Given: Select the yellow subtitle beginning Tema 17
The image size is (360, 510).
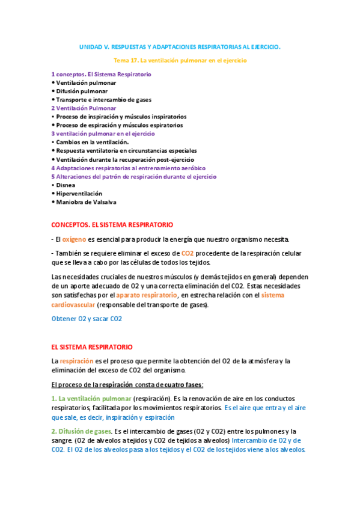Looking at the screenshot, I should tap(180, 61).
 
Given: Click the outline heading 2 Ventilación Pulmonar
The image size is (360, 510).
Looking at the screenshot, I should tap(84, 108).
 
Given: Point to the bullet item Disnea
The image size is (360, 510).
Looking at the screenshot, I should tap(66, 185).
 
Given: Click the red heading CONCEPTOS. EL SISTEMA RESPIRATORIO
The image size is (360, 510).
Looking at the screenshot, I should tap(112, 224).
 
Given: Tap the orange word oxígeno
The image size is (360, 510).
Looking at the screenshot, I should tap(75, 239).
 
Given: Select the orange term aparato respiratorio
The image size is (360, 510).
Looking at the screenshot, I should tap(147, 295).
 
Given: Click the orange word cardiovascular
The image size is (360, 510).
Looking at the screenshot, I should tap(73, 305).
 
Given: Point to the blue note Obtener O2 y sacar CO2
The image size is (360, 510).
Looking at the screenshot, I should tap(87, 319).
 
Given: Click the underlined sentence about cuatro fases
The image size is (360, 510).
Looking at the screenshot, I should tap(127, 384).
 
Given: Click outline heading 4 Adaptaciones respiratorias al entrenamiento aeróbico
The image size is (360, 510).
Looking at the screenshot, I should tap(128, 168).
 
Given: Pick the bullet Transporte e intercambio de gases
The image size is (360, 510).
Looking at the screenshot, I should tap(102, 100).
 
